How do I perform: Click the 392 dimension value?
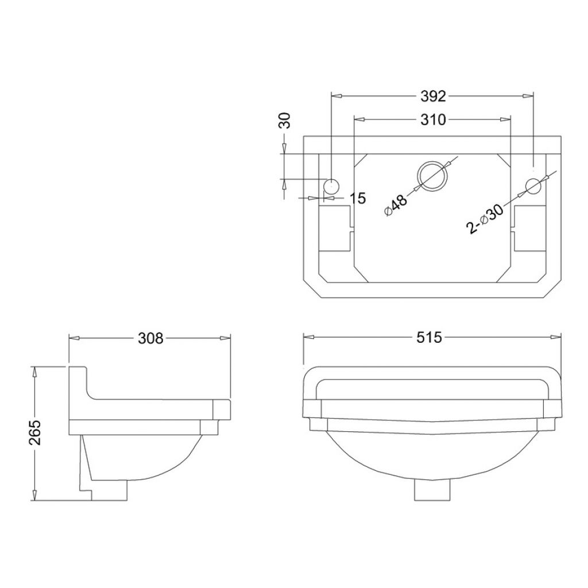433,96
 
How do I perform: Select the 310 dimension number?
433,119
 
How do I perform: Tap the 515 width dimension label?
430,338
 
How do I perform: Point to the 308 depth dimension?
151,338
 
